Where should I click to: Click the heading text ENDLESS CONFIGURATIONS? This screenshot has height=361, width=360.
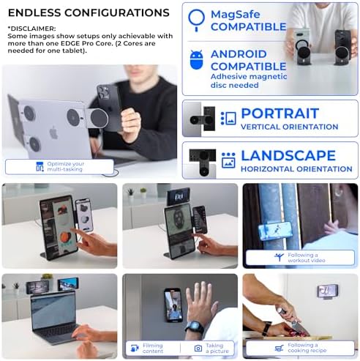tap(87, 12)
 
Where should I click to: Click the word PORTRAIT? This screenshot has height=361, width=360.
tap(279, 113)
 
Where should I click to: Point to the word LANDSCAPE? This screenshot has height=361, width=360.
tap(288, 155)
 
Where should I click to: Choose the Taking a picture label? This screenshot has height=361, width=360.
tap(214, 348)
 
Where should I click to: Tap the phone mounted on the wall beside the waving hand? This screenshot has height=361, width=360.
tap(173, 304)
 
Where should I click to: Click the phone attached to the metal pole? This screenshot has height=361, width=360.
tap(269, 231)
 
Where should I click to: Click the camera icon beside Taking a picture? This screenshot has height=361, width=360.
tap(198, 348)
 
